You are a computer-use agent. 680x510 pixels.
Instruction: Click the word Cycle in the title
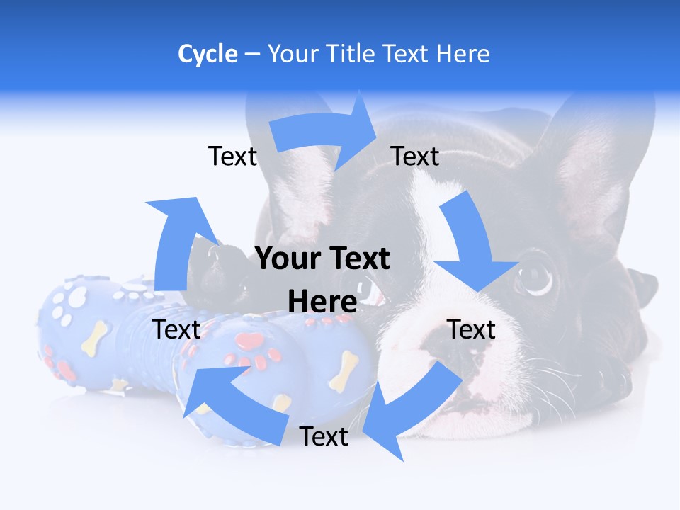(208, 54)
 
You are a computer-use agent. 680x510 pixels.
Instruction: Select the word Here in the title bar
(463, 54)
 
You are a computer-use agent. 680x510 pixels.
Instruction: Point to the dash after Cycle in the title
(252, 55)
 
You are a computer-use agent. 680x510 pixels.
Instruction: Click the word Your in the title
(293, 54)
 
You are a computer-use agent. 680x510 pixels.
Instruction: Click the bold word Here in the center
(322, 302)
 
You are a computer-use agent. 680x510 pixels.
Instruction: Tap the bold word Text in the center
(356, 259)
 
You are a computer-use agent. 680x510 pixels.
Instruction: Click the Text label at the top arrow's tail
(232, 156)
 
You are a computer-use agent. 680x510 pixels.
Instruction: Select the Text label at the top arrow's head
(415, 156)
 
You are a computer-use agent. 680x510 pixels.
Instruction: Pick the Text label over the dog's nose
(471, 329)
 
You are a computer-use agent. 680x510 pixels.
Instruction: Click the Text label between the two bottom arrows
(324, 436)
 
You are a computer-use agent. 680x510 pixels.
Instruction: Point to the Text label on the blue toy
(177, 329)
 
